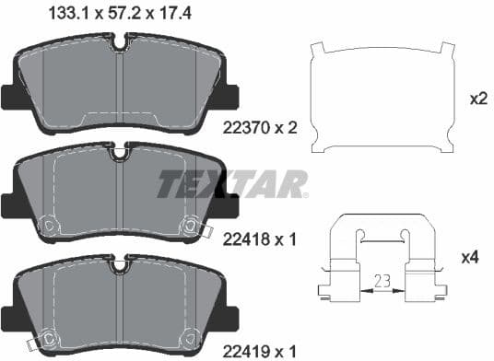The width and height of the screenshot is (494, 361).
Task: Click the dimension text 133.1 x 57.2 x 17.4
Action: point(120,14)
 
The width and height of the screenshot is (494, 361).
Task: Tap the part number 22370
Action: point(246,128)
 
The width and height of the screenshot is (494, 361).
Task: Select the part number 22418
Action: point(246,240)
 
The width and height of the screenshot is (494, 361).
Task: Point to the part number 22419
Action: point(246,351)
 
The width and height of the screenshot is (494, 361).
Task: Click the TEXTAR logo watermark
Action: point(232,184)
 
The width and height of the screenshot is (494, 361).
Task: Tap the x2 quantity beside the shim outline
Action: point(478,99)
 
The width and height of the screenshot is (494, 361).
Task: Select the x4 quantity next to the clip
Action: point(470,258)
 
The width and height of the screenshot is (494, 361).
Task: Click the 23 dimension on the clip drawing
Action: point(382,281)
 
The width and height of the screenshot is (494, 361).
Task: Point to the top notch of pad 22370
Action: point(120,42)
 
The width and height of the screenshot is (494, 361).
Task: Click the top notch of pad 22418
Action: point(119,151)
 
